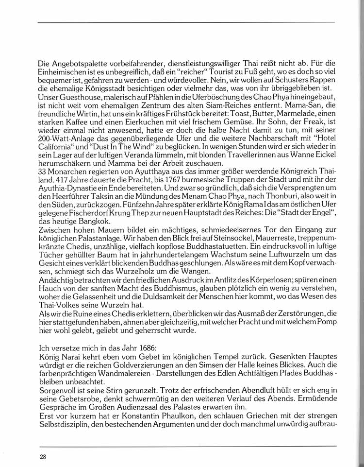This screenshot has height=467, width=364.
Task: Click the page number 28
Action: [x=43, y=456]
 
